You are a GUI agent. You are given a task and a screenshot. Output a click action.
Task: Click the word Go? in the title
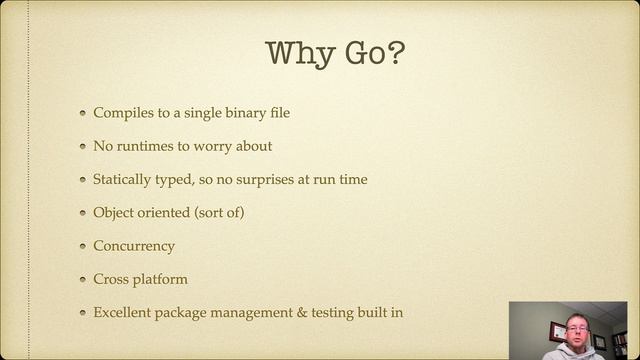pos(372,54)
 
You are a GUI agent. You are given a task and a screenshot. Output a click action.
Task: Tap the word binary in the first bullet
pos(235,112)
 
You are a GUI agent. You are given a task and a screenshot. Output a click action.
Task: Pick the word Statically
pos(124,179)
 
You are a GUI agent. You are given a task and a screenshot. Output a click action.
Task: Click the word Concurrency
pos(134,246)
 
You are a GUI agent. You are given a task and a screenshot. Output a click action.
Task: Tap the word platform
pos(162,279)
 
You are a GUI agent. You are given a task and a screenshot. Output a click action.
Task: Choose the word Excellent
pos(123,312)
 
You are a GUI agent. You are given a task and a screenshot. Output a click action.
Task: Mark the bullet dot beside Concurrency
pos(83,247)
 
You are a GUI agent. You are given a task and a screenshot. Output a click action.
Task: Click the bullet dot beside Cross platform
pos(83,280)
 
